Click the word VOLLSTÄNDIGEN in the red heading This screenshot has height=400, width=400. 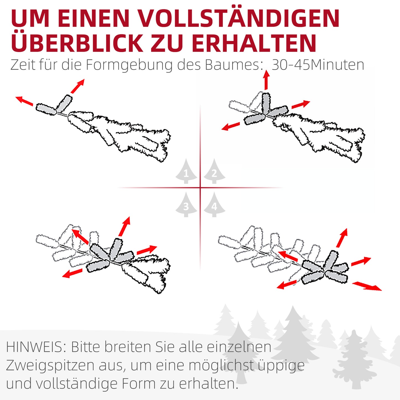coord(238,18)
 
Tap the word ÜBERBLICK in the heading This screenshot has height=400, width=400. coord(76,43)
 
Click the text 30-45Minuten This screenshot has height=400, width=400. coord(318,65)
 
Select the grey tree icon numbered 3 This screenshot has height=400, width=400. coord(186,205)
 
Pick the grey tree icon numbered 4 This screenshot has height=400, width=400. coord(215,205)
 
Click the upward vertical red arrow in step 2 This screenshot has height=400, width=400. coord(266,80)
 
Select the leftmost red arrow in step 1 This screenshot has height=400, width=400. coord(24,100)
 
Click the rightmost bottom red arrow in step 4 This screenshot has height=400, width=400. coord(367,286)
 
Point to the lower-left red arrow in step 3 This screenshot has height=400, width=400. coord(72,273)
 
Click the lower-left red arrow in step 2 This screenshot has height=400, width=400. coord(231,127)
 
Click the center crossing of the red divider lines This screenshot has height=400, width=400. coord(200,188)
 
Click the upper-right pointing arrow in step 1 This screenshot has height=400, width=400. coord(78,86)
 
